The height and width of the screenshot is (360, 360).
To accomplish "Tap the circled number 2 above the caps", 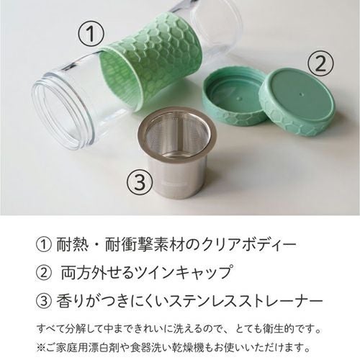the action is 321,63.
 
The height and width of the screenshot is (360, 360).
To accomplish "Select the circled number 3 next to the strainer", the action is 140,181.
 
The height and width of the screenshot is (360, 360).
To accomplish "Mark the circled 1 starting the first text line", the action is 43,245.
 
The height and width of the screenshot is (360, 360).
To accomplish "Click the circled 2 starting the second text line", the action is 43,273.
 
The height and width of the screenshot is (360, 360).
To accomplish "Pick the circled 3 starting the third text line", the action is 43,301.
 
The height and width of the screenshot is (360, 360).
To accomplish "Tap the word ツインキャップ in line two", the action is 184,273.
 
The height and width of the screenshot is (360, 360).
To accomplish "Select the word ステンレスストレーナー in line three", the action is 246,301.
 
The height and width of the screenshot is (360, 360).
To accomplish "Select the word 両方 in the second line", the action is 77,273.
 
